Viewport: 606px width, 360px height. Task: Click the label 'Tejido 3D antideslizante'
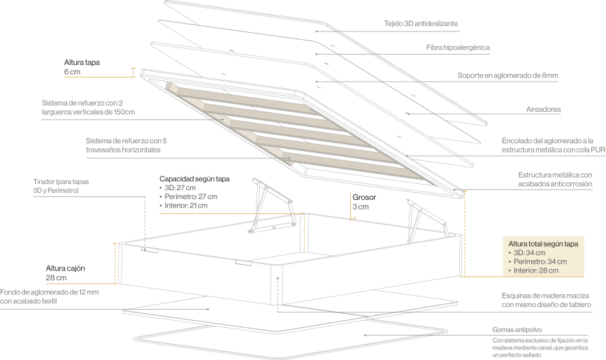[x=421, y=24]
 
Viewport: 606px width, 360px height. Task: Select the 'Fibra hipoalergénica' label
[x=458, y=48]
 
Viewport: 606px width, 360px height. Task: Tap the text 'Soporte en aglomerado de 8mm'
[x=507, y=75]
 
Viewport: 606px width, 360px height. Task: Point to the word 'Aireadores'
[x=543, y=110]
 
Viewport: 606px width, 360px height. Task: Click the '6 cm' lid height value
[x=72, y=72]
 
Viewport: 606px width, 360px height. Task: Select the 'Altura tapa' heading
[x=82, y=62]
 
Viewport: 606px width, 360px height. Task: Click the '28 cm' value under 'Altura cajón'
[x=56, y=278]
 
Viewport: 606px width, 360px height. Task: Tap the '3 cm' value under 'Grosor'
[x=361, y=207]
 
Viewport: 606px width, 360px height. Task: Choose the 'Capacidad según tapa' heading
[x=194, y=179]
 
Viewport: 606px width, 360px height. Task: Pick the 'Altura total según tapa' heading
[x=543, y=244]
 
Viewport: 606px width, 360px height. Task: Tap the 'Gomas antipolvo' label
[x=517, y=330]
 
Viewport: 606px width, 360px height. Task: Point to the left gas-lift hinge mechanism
[x=273, y=206]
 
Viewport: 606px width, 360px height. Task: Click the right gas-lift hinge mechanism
[x=427, y=221]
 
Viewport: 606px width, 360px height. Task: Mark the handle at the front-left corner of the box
[x=150, y=250]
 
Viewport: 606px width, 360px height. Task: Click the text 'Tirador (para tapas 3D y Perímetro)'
[x=61, y=186]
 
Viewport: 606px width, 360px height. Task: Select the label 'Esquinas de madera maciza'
[x=545, y=296]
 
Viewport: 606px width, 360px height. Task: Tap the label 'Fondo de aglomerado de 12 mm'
[x=50, y=292]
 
